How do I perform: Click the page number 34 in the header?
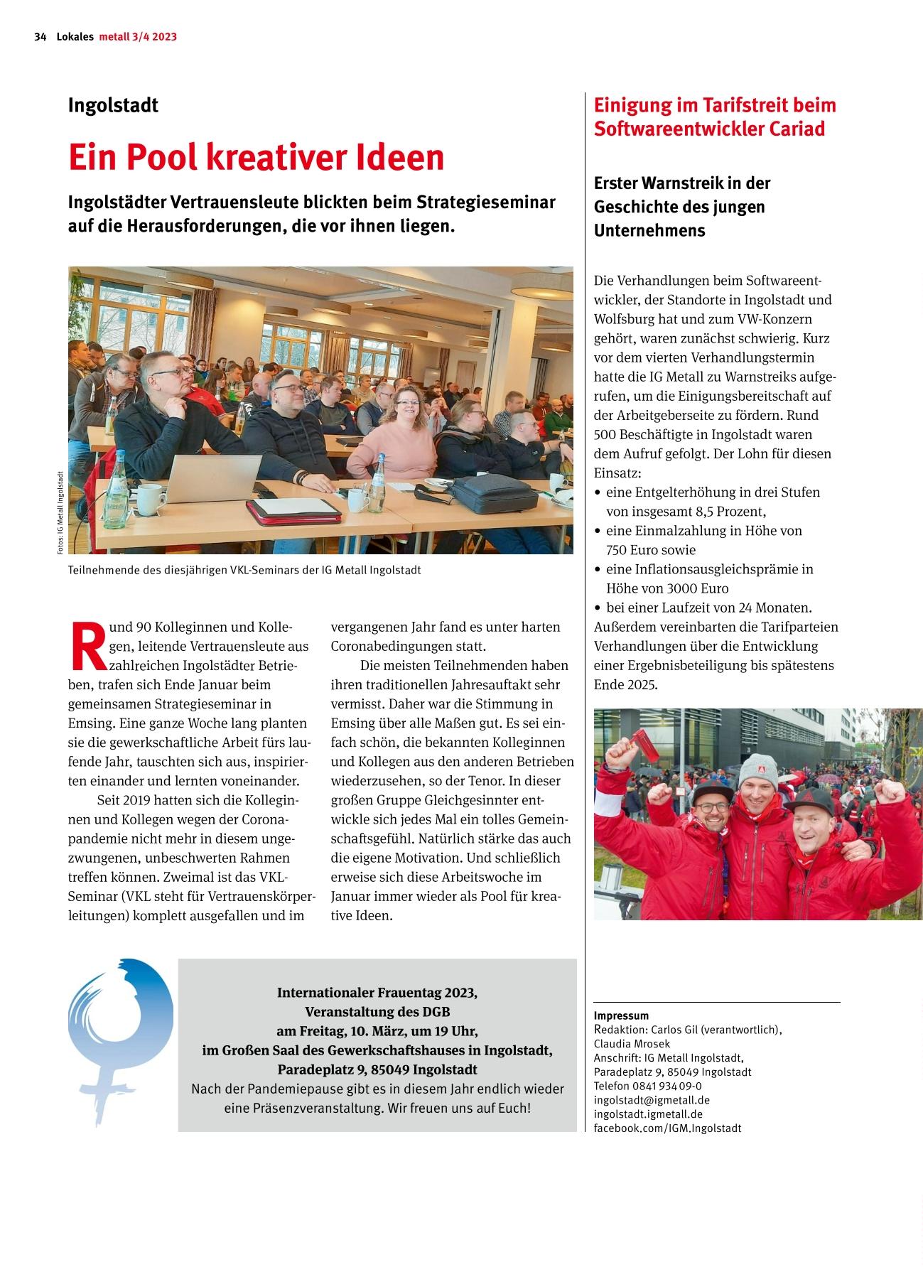[x=40, y=37]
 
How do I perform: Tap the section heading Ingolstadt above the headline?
[x=113, y=105]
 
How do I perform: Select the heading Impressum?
[x=621, y=1015]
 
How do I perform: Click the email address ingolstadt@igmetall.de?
[x=652, y=1100]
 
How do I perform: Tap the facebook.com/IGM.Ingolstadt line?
[x=667, y=1128]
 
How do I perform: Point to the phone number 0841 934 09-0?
[x=667, y=1086]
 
